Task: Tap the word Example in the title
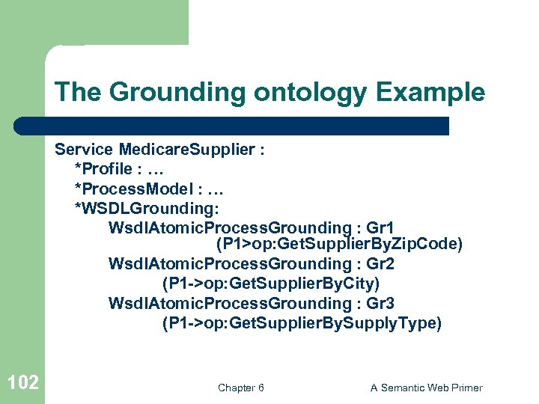click(430, 93)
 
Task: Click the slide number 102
click(22, 383)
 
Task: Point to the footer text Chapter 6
click(240, 388)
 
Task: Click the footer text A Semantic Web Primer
click(426, 388)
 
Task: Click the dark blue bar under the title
click(232, 126)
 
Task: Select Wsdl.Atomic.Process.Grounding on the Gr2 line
click(229, 263)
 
